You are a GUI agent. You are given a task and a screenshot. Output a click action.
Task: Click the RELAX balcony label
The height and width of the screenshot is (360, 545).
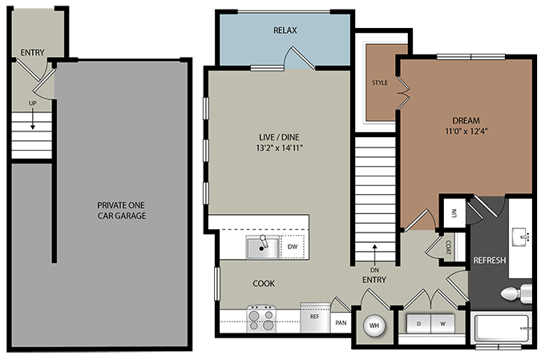point(285,30)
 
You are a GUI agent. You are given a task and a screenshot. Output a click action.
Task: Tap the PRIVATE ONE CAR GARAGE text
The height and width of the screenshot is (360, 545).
point(121,210)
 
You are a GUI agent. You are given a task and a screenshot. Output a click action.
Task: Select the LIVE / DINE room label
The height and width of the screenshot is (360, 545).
point(278,136)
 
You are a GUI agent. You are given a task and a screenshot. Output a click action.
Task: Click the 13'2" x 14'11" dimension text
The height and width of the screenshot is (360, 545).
point(278,148)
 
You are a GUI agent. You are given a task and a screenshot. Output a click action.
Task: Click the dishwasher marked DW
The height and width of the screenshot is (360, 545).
point(293,247)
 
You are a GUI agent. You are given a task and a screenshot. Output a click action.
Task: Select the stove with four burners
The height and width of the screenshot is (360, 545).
point(261,319)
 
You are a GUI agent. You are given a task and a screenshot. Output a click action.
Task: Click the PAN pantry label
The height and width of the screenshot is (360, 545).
point(341,323)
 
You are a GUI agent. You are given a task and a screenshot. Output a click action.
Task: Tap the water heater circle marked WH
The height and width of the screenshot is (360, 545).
point(374,326)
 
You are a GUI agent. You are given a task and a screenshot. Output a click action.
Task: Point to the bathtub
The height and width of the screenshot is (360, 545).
point(501,329)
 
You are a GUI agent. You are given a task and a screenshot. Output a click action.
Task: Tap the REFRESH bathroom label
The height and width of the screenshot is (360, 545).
point(489,261)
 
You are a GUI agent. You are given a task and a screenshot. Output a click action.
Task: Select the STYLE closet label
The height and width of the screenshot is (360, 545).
point(380,83)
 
